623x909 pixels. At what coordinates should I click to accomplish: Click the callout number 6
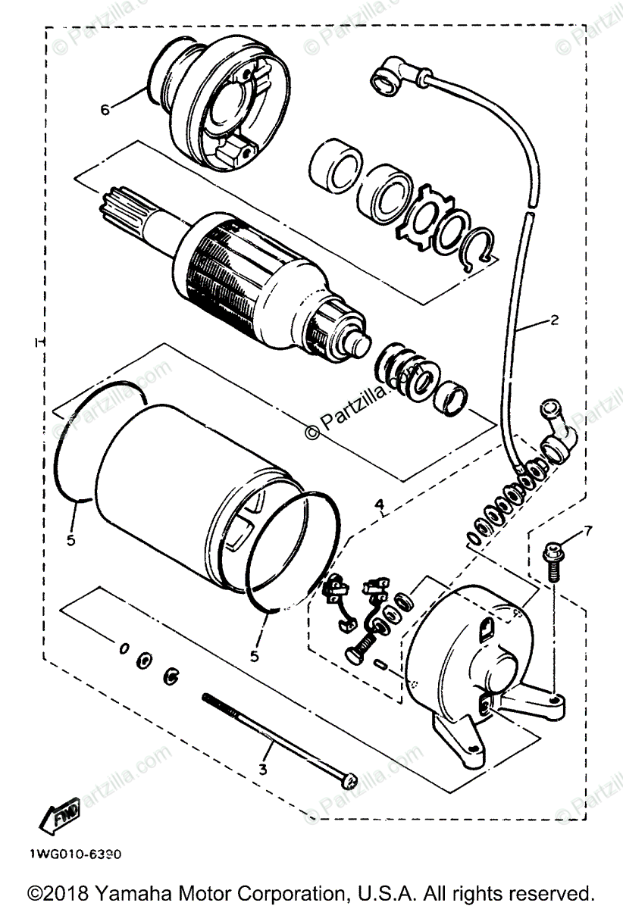tap(105, 109)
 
